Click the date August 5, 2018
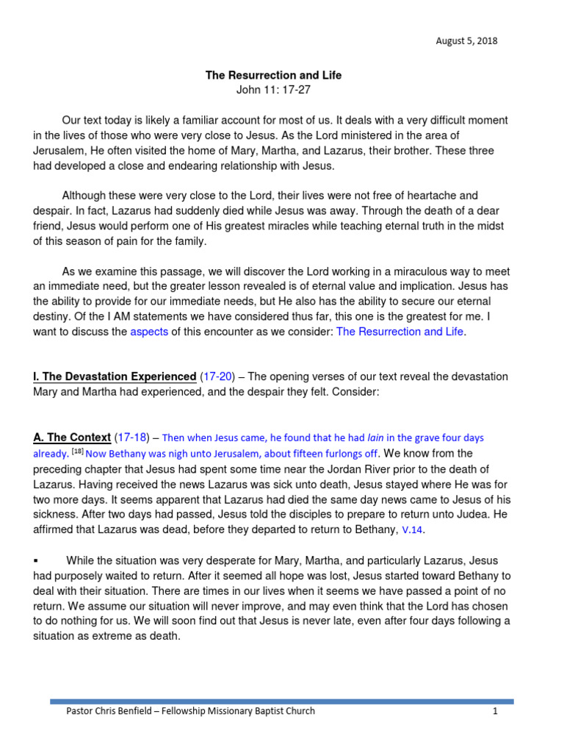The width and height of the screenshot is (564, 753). pyautogui.click(x=466, y=41)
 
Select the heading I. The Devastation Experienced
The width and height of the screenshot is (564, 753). pyautogui.click(x=115, y=376)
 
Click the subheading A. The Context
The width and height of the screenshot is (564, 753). pyautogui.click(x=72, y=438)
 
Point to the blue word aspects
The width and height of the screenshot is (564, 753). pyautogui.click(x=149, y=332)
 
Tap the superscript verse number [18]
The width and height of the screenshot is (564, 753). pyautogui.click(x=79, y=452)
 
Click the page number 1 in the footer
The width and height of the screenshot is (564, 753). pyautogui.click(x=496, y=711)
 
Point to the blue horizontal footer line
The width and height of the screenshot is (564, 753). pyautogui.click(x=282, y=701)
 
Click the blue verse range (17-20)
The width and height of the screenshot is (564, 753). pyautogui.click(x=220, y=376)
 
